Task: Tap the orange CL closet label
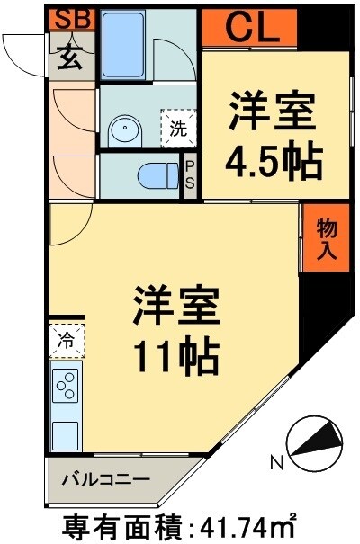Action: tap(249, 28)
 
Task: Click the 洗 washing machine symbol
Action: tap(176, 127)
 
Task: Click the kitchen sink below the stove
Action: tap(66, 435)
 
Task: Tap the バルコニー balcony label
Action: tap(105, 479)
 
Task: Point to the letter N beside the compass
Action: tap(276, 465)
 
